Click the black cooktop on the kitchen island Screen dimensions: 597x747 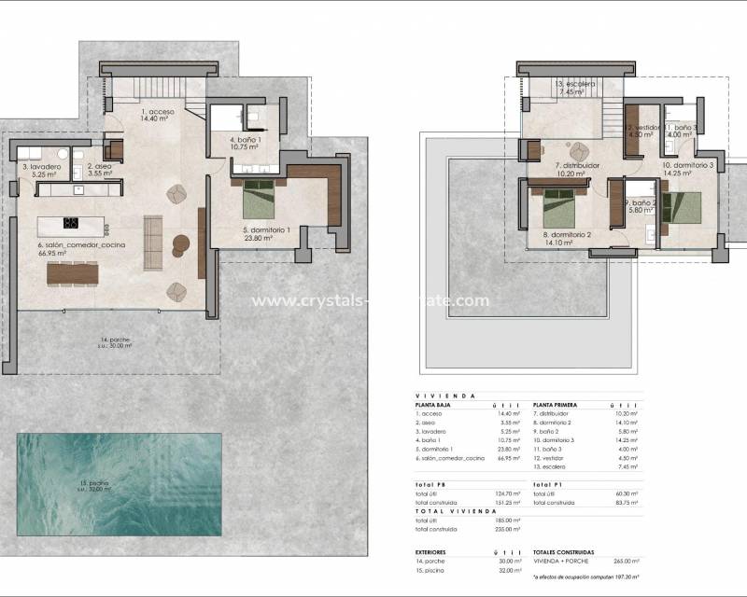(70, 223)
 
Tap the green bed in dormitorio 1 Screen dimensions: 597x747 (258, 199)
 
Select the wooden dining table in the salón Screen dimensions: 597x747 (73, 272)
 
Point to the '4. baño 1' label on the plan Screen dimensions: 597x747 (245, 140)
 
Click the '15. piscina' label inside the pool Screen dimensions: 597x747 (94, 483)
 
